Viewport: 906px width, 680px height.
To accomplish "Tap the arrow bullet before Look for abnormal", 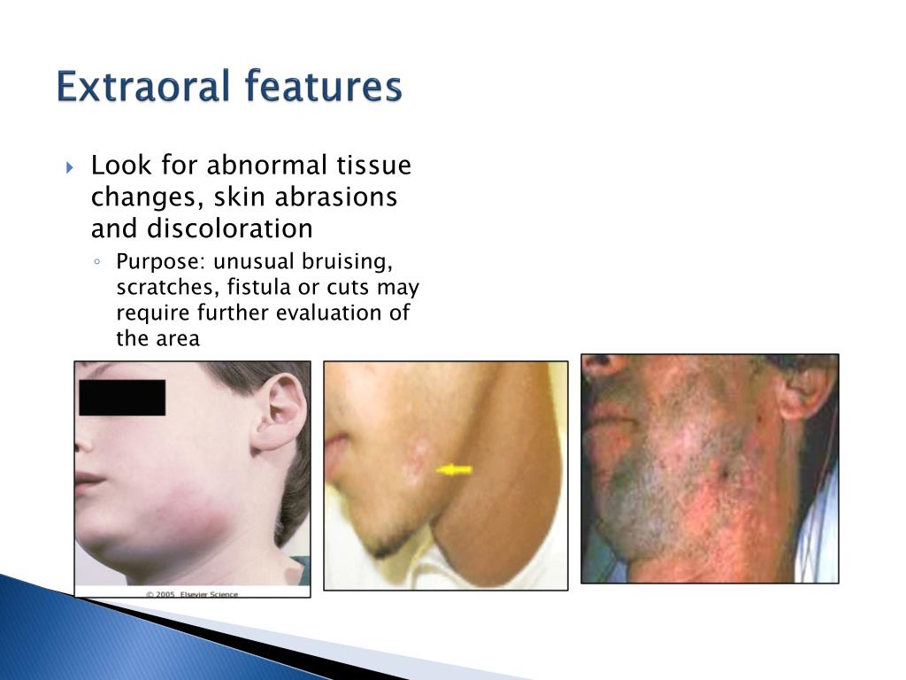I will [x=72, y=167].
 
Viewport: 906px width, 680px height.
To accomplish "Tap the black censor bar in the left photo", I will [x=122, y=398].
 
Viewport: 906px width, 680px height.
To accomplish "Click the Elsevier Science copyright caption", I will [x=192, y=594].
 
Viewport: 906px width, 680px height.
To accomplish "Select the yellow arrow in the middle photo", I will [x=455, y=470].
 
